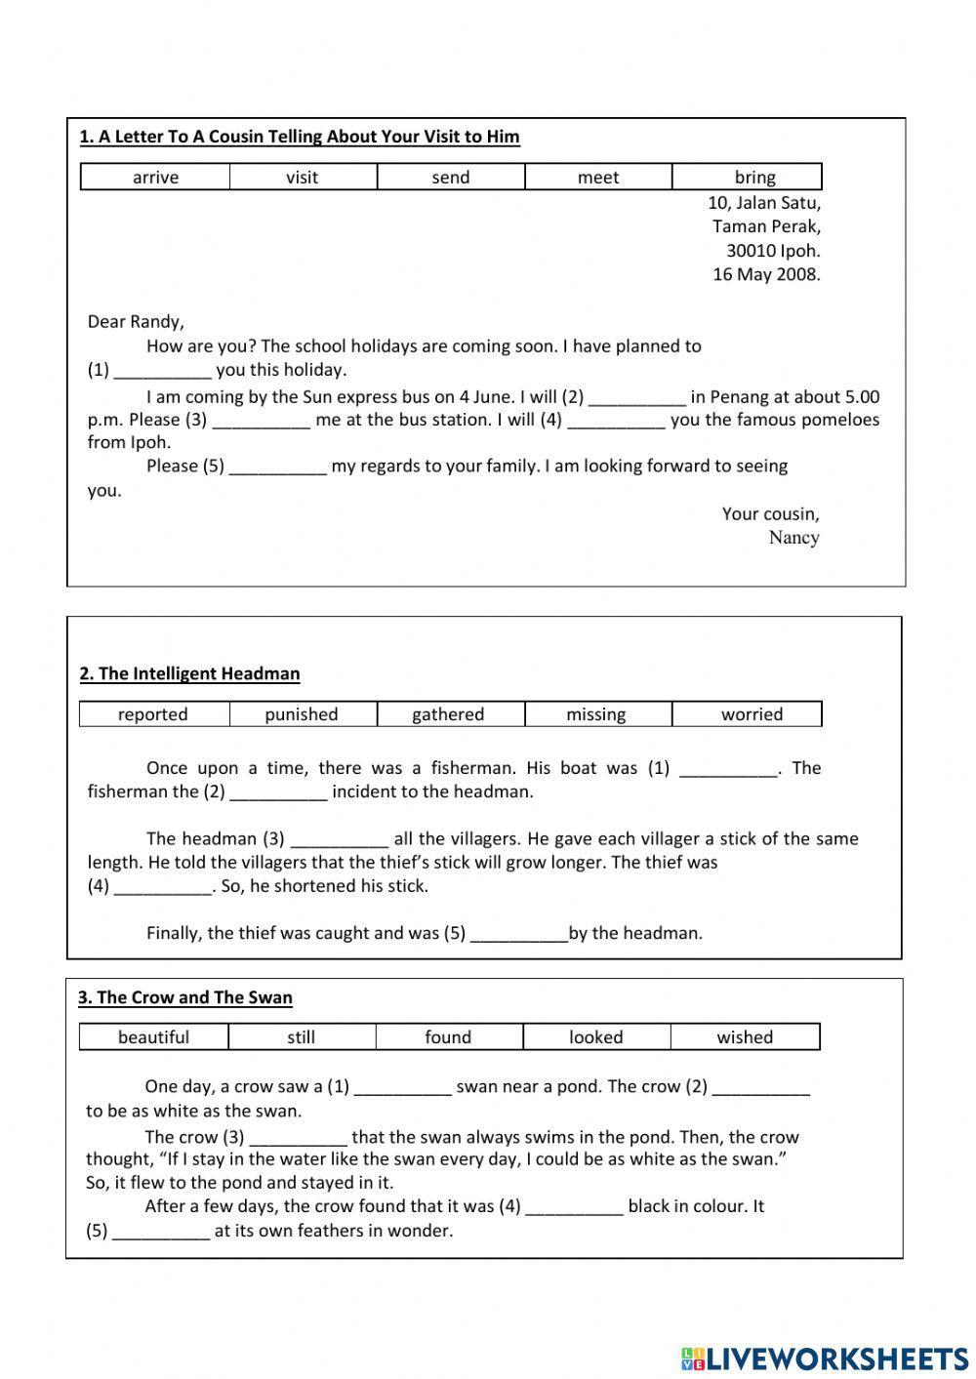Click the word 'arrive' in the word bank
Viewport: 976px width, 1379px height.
pos(155,177)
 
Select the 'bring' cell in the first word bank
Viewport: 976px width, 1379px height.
pos(754,177)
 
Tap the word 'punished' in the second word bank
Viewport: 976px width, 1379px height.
pos(301,714)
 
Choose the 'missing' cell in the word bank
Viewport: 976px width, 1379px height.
pos(595,714)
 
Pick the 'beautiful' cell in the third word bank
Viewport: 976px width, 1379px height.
pos(153,1037)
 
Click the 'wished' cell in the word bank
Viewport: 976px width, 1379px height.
pos(744,1037)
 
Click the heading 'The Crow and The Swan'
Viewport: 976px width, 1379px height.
pos(185,997)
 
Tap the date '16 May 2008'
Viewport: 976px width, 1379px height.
pos(766,274)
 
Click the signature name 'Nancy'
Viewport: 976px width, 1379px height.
pos(793,538)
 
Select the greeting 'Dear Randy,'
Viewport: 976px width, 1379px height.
pos(136,322)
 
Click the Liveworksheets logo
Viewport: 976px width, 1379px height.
pos(825,1358)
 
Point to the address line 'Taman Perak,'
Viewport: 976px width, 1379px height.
pos(766,226)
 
